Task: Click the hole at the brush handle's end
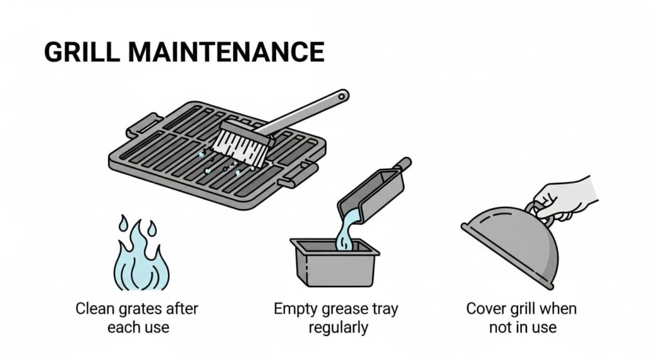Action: point(341,97)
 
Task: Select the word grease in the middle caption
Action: point(339,308)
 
